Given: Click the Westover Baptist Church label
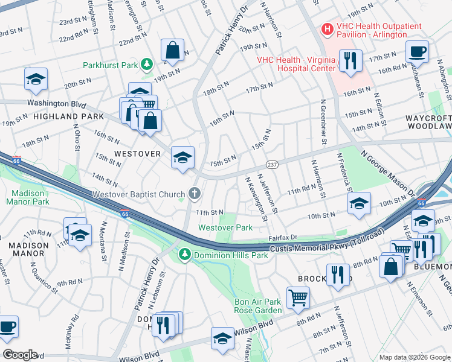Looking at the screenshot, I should pyautogui.click(x=139, y=194).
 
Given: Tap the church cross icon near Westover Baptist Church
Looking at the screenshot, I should pyautogui.click(x=194, y=194).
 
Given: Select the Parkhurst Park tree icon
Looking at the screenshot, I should pyautogui.click(x=146, y=63).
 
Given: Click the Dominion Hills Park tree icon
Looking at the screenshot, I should pyautogui.click(x=186, y=255).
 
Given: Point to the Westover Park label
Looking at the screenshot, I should pyautogui.click(x=226, y=227).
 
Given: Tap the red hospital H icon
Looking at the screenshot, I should pyautogui.click(x=327, y=28).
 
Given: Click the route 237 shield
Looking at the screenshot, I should pyautogui.click(x=273, y=165).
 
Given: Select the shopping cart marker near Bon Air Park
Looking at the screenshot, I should pyautogui.click(x=298, y=296).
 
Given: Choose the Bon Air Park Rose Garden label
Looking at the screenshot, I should pyautogui.click(x=258, y=305).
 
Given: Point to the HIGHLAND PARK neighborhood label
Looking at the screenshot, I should pyautogui.click(x=60, y=116).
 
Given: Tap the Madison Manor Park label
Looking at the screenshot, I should pyautogui.click(x=28, y=197).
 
